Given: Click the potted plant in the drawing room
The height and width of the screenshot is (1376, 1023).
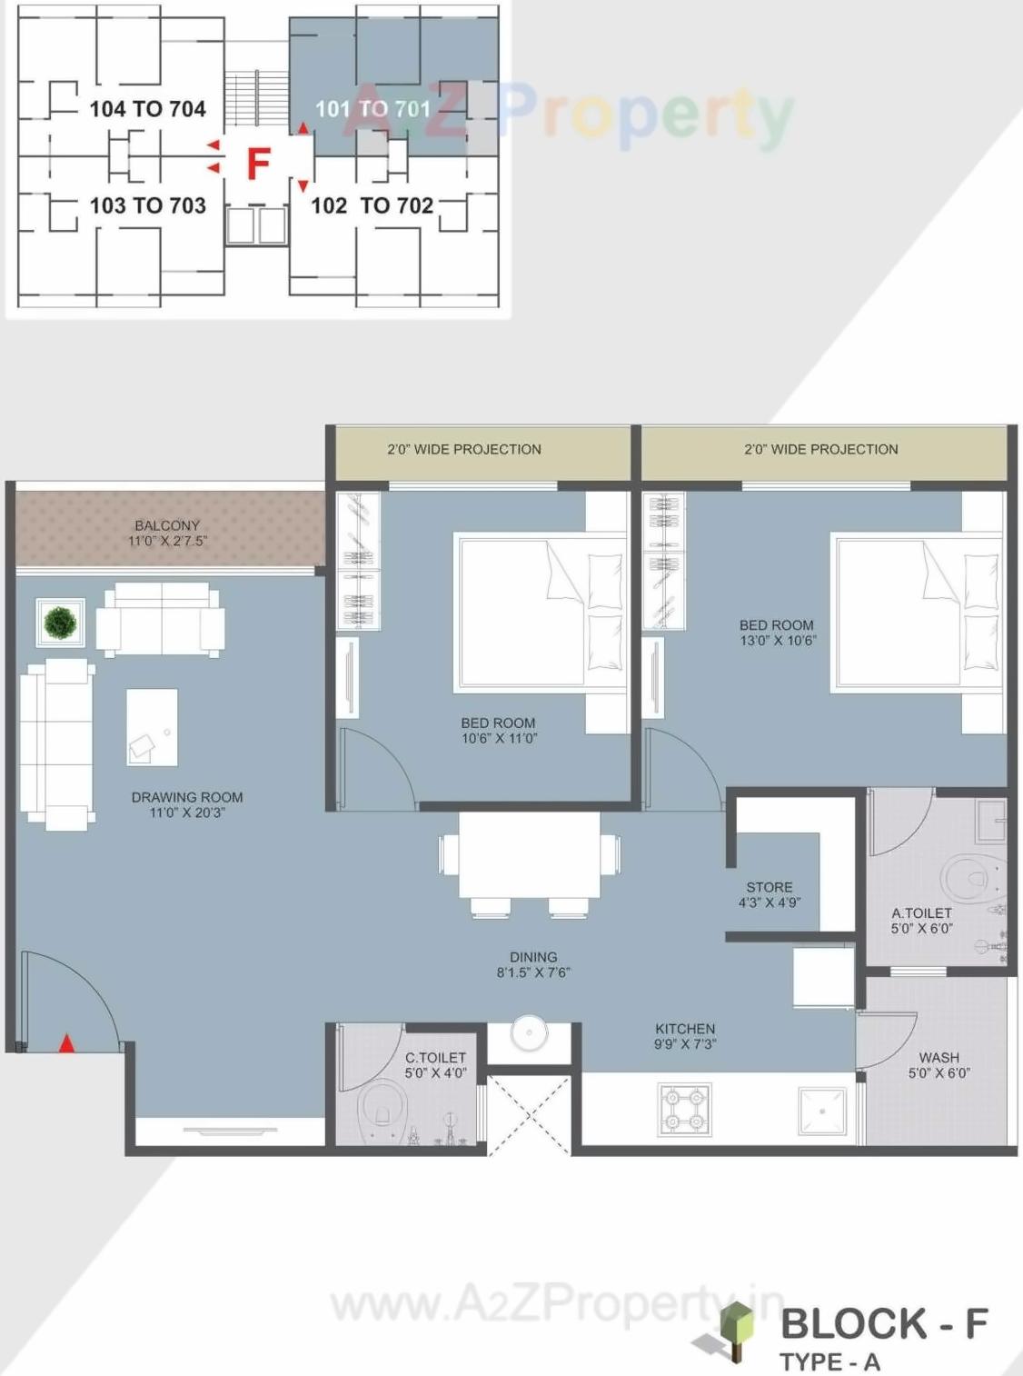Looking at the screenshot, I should click(60, 623).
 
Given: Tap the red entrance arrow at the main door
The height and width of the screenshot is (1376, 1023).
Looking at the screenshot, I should click(66, 1043).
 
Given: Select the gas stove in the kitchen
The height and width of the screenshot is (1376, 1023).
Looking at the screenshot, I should click(684, 1110).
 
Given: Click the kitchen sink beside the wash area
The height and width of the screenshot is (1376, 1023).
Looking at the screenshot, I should click(822, 1111).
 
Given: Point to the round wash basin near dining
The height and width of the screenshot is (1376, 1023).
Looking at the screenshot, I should click(529, 1032).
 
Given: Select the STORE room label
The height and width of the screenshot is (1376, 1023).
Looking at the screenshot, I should click(769, 887).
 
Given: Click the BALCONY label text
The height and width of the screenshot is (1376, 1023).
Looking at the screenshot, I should click(167, 525).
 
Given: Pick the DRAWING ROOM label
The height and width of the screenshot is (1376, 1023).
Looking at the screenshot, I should click(187, 797).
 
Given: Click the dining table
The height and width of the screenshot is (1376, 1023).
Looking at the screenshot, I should click(530, 854).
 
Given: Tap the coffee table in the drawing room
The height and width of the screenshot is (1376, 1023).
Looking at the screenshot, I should click(152, 727).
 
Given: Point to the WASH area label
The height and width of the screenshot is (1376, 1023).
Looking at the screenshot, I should click(939, 1058).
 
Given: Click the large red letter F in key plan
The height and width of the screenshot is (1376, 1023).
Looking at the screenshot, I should click(259, 165).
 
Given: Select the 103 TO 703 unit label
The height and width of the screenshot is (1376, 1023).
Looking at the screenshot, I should click(147, 205).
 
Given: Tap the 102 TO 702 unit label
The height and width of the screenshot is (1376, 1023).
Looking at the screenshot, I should click(372, 205).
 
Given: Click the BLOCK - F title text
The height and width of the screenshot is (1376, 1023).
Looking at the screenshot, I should click(883, 1323).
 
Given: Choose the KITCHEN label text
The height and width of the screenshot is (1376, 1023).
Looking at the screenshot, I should click(685, 1029).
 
